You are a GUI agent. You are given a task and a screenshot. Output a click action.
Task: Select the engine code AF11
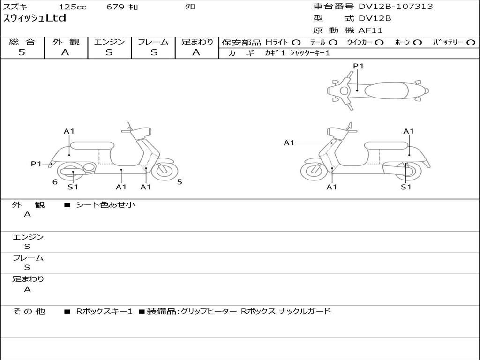370,31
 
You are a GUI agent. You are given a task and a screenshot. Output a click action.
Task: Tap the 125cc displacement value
72,7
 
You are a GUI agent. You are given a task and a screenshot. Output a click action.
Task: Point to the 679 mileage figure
115,7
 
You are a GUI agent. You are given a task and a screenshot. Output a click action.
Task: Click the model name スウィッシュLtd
35,19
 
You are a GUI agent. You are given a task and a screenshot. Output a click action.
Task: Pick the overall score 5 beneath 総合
22,52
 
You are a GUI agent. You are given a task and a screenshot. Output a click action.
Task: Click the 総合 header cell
22,42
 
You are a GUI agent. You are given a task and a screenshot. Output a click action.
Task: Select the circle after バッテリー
471,42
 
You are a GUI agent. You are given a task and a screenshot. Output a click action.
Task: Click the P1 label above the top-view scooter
359,66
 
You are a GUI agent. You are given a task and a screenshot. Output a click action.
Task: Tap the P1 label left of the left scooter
37,164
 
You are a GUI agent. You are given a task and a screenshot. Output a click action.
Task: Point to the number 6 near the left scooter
55,182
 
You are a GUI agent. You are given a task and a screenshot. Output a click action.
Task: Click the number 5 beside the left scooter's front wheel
180,182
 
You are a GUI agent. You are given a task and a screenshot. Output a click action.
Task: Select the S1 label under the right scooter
406,187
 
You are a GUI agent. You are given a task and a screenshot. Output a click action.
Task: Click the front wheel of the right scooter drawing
314,172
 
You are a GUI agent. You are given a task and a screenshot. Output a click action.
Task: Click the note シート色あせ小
106,205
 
